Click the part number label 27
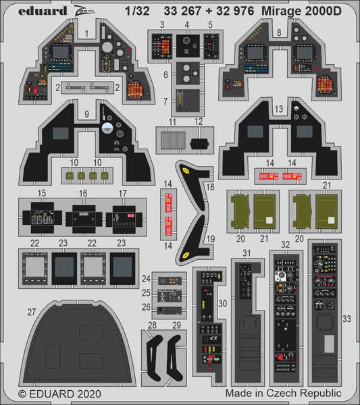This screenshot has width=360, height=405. point(31,312)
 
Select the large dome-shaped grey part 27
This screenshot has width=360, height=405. point(78,344)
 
